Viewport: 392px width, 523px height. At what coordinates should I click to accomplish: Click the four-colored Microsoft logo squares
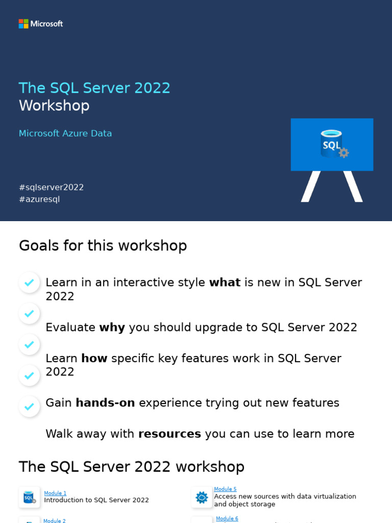click(23, 23)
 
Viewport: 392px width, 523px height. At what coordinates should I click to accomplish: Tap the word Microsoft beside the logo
click(46, 23)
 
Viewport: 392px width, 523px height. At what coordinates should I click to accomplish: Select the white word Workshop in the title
click(54, 106)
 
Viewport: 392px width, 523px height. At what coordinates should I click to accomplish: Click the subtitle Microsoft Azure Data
click(65, 133)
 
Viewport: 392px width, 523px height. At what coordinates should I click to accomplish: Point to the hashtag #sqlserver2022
click(51, 187)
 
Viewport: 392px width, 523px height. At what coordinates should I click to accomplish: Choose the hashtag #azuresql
click(39, 199)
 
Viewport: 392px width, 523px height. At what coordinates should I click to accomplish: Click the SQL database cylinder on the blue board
click(331, 143)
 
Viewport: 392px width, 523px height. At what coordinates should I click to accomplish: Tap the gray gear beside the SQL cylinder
click(344, 153)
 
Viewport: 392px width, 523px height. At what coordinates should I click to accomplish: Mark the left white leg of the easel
click(310, 186)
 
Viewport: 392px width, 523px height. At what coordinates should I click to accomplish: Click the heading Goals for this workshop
click(103, 246)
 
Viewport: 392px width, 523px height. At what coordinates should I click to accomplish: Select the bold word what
click(225, 282)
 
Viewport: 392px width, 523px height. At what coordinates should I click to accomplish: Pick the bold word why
click(112, 327)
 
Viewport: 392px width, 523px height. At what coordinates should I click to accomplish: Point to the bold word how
click(94, 359)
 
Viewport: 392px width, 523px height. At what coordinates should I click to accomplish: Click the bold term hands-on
click(105, 403)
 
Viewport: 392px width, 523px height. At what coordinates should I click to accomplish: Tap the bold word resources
click(169, 434)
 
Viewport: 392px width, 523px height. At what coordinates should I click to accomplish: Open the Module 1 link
click(55, 493)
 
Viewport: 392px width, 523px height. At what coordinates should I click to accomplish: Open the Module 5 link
click(225, 489)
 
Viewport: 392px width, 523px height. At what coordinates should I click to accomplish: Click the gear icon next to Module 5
click(202, 497)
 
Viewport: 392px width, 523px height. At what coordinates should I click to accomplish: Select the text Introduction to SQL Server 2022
click(96, 501)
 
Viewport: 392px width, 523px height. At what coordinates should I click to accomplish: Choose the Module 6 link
click(227, 519)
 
